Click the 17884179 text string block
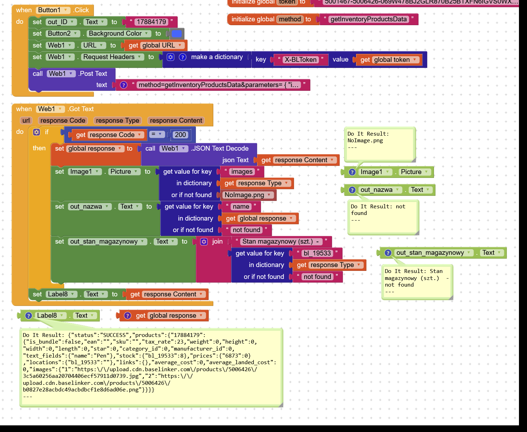pos(151,22)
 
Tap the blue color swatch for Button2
pos(177,34)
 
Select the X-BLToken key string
pos(300,60)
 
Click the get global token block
pos(388,60)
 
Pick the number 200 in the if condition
pos(180,135)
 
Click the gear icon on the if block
pos(36,132)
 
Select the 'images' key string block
pos(242,172)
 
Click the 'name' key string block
pos(241,207)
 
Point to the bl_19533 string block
pos(317,253)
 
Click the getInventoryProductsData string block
pos(369,19)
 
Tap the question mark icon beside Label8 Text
pos(29,316)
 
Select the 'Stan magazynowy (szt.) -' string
pos(281,242)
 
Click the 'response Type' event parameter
pos(117,121)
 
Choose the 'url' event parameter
pos(26,121)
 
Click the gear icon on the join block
pos(204,242)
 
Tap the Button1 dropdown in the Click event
pos(54,10)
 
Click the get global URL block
pos(154,45)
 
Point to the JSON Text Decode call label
pos(220,149)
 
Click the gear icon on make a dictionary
pos(170,57)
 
